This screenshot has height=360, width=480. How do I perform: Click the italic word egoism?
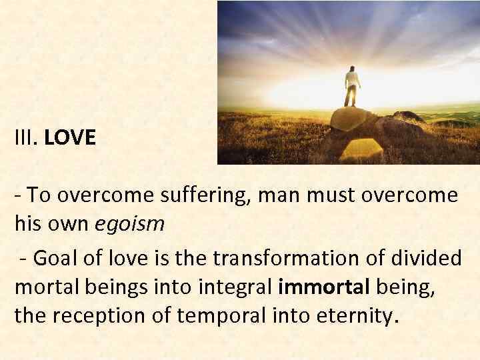129,224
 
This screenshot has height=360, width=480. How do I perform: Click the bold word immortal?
324,287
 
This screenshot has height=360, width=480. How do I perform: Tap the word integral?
237,287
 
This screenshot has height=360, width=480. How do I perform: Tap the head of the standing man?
351,69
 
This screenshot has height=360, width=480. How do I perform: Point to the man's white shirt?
352,80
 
